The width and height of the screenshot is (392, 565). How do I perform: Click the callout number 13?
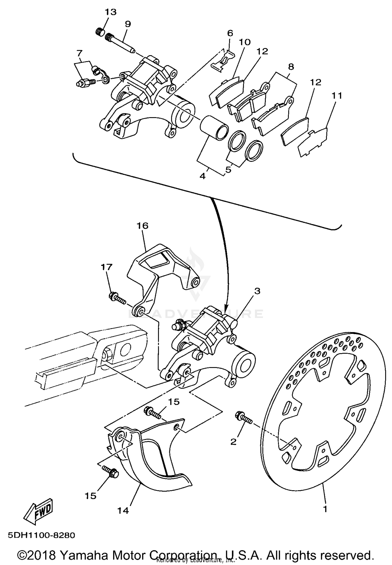point(111,12)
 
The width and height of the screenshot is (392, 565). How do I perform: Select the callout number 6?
point(230,33)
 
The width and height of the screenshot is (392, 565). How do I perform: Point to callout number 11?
point(337,96)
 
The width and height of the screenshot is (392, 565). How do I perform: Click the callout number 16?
point(142,225)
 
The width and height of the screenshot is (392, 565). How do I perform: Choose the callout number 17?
point(107,267)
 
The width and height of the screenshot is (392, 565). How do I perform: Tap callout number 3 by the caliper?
point(257,291)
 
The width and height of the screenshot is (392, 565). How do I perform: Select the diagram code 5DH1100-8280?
point(42,535)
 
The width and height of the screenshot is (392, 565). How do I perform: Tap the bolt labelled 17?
point(117,298)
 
